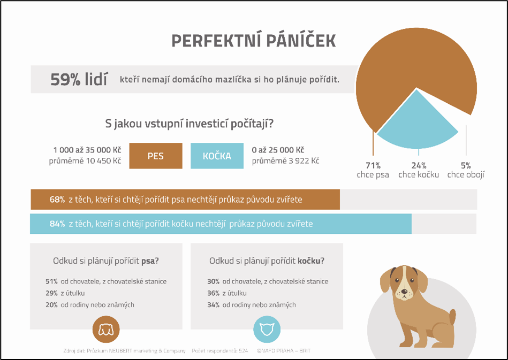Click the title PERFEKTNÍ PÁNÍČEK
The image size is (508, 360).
click(254, 41)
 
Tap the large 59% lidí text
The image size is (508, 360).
click(79, 80)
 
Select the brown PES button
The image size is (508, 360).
click(156, 156)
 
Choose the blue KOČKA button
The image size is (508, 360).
click(217, 156)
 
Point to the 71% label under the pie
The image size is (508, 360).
click(373, 165)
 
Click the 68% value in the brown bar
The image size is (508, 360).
click(57, 200)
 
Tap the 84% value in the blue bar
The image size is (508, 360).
click(57, 224)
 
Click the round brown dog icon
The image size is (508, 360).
click(106, 329)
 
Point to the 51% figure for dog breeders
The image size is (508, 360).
click(52, 281)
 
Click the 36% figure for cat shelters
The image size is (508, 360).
click(213, 293)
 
